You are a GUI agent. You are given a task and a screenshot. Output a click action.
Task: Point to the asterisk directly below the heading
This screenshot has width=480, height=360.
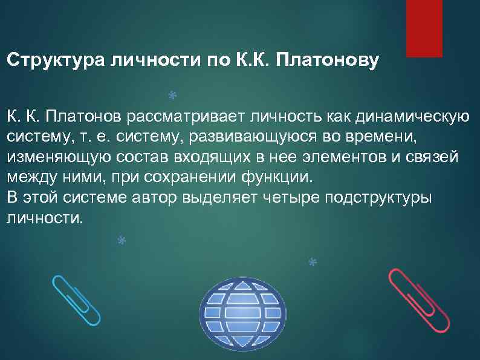click(172, 96)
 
